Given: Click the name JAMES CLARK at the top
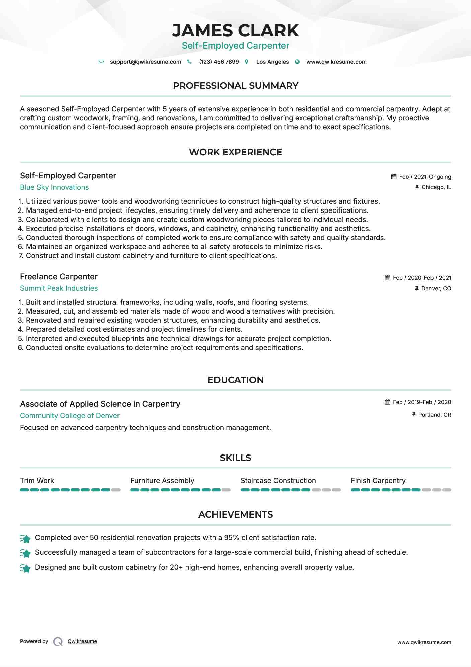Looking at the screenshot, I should (235, 31).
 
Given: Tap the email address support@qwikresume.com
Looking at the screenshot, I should (145, 62).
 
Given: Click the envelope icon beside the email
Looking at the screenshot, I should (101, 62).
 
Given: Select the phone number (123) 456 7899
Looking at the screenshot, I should (219, 62).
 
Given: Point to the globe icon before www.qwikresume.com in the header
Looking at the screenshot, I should (297, 62).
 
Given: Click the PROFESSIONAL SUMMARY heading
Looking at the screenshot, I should (235, 86).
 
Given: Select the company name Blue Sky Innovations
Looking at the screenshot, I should (54, 187).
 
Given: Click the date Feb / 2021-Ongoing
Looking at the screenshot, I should (425, 177).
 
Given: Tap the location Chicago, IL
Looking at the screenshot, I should (436, 187).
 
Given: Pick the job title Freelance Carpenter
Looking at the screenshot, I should (59, 277).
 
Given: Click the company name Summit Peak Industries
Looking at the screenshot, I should (59, 288).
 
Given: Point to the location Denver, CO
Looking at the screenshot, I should (436, 288).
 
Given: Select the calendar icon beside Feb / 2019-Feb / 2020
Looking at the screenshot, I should (388, 402).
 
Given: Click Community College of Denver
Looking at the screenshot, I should (70, 416).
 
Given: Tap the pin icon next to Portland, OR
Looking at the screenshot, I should (414, 415).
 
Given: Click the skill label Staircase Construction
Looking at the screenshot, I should (278, 481).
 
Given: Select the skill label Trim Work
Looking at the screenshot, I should (37, 481).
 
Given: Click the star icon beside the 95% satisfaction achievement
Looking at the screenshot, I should (25, 538).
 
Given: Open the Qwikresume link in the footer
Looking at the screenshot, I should (82, 641).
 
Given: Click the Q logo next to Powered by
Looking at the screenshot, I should (58, 642).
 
